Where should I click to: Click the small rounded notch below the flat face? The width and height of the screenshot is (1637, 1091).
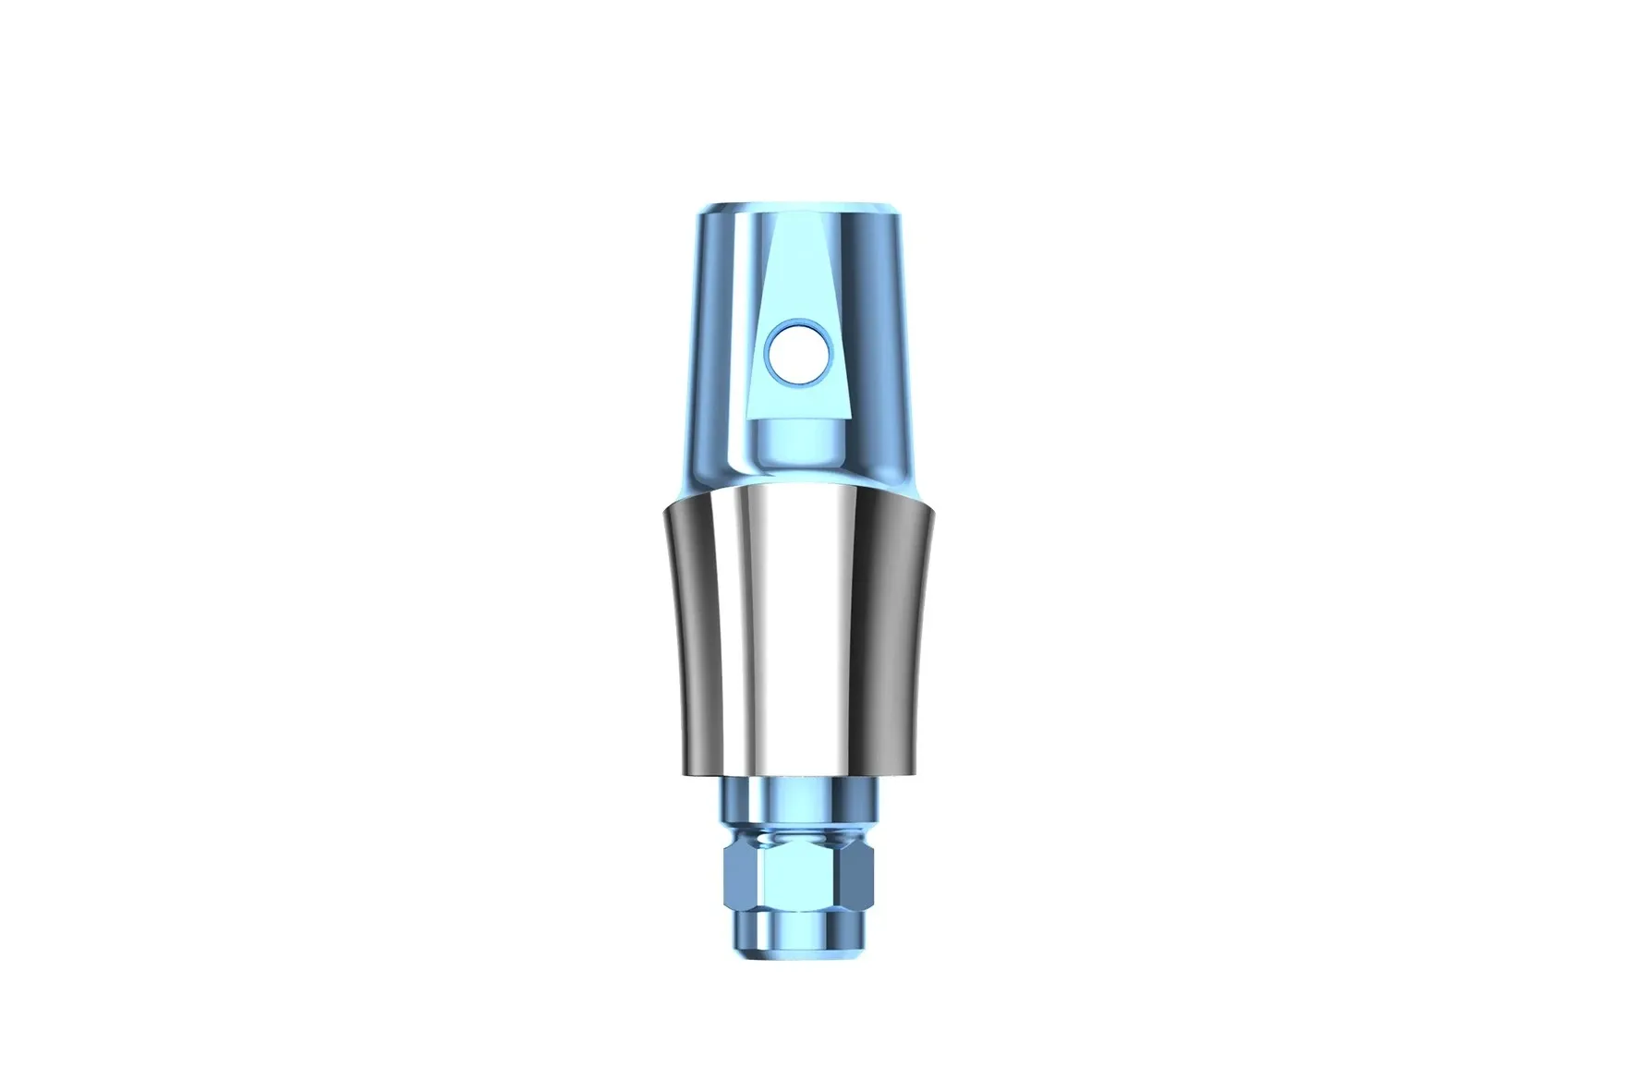(796, 442)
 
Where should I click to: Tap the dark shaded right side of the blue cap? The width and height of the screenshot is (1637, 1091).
(889, 351)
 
